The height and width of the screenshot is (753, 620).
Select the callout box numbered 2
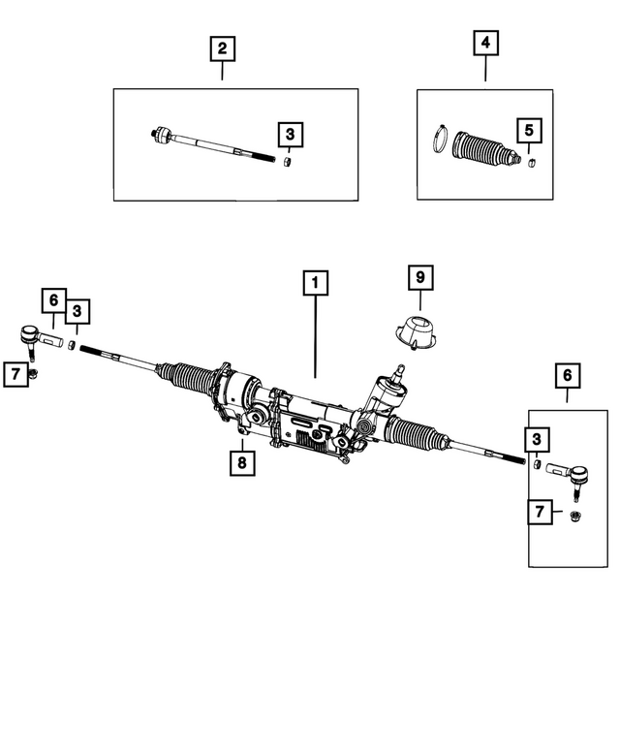point(222,47)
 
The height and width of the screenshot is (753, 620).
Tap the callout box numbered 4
point(486,44)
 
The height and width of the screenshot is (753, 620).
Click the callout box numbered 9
point(419,278)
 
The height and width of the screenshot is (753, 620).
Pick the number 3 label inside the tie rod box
point(290,135)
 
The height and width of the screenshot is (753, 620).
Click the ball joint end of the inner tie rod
point(162,135)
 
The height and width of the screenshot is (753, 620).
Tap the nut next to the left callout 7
point(33,374)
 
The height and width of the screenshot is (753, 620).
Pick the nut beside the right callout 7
point(573,516)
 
